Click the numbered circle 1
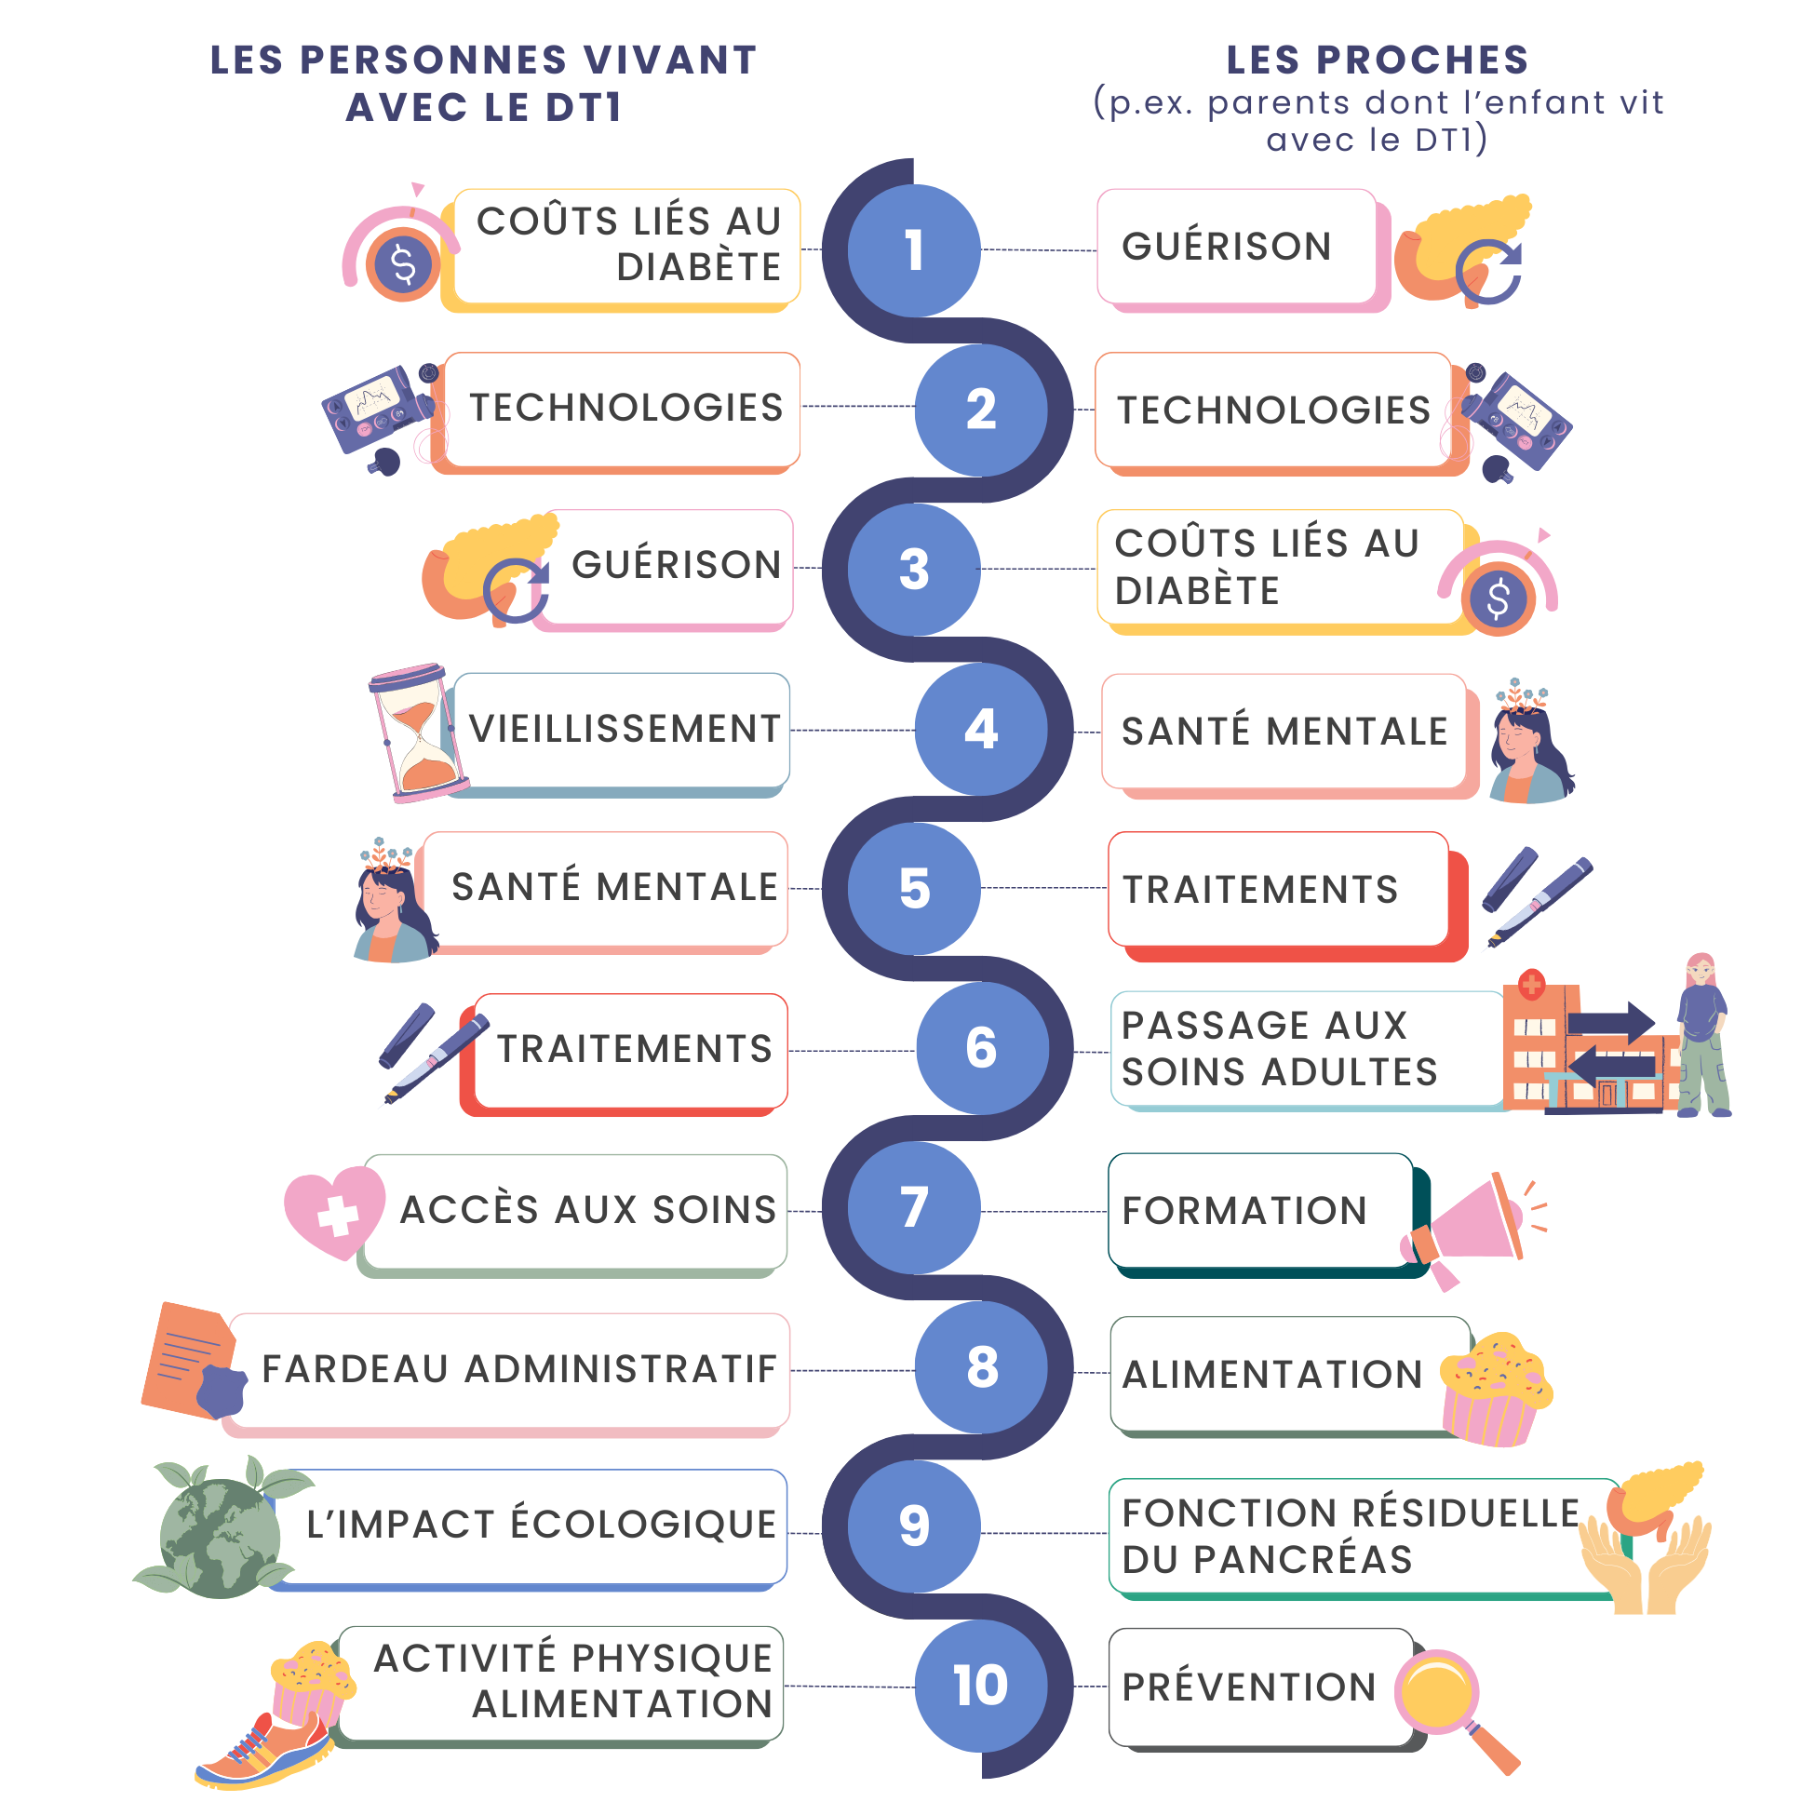click(913, 250)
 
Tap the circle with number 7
click(913, 1207)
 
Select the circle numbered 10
click(981, 1686)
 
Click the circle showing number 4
click(981, 729)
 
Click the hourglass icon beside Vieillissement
click(417, 733)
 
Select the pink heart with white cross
click(334, 1212)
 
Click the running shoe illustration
click(263, 1753)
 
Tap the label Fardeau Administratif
click(518, 1369)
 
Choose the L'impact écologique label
click(541, 1524)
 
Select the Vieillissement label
click(625, 729)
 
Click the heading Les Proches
click(1377, 60)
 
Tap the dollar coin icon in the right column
click(1498, 598)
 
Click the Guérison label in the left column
click(677, 565)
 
